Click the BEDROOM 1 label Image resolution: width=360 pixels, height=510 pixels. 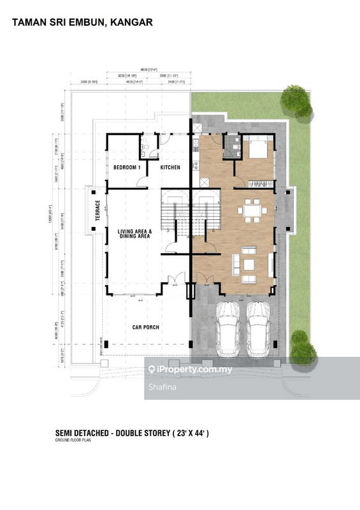(127, 167)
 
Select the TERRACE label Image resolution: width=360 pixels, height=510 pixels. (97, 212)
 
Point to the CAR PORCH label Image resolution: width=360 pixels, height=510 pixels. (146, 328)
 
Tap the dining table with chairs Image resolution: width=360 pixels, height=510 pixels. (252, 210)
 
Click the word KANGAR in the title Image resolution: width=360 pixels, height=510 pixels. (131, 22)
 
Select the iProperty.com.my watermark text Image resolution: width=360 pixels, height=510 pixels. (191, 369)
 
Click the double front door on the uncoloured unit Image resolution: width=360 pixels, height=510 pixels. (172, 279)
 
